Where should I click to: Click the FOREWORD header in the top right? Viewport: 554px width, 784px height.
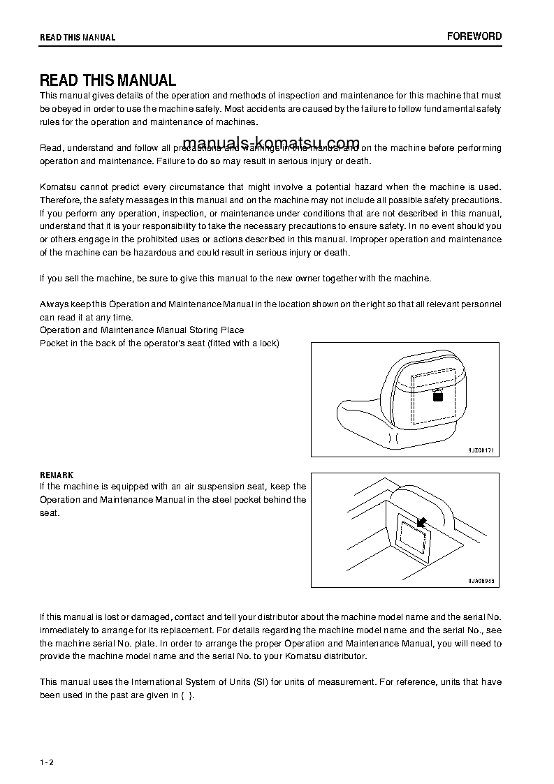474,36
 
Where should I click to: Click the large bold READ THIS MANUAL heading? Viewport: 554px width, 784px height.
108,80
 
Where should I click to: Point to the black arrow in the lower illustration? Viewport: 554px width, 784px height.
421,522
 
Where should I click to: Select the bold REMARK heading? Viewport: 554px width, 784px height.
57,475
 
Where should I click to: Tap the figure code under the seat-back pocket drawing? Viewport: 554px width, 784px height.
481,450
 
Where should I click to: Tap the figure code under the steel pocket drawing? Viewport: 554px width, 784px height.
481,581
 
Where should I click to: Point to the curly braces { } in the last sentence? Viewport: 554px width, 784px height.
186,695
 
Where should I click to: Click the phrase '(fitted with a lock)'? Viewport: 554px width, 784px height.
243,343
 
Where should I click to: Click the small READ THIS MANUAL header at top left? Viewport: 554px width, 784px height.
78,38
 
